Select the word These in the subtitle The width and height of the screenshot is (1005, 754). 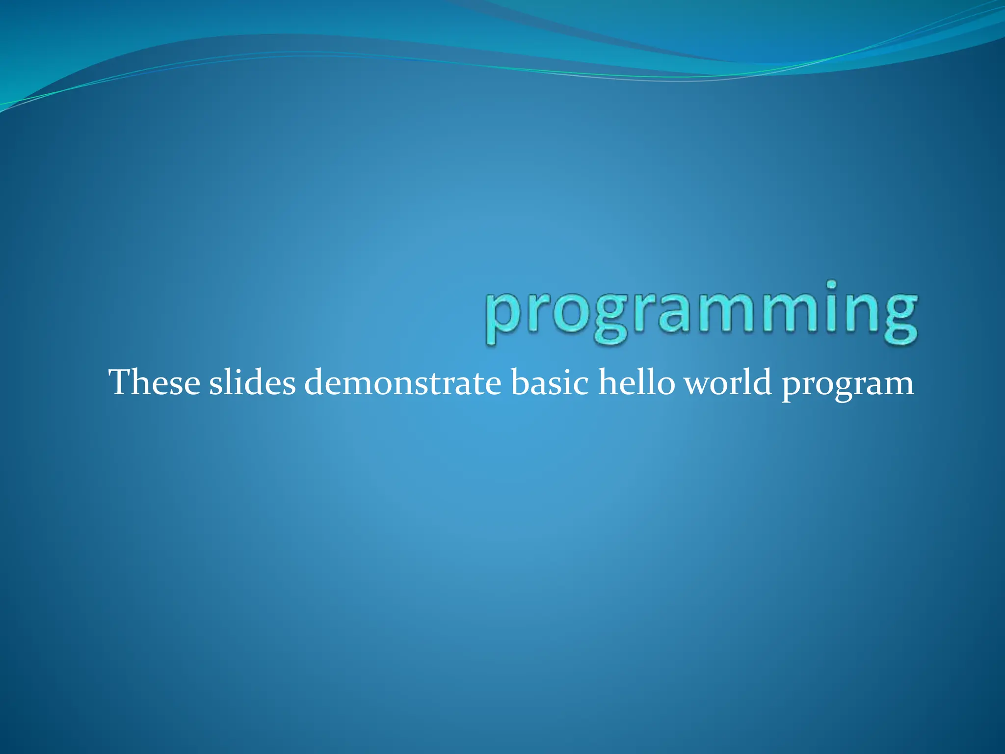154,383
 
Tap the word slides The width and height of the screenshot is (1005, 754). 252,383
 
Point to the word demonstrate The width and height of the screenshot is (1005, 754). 402,383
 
